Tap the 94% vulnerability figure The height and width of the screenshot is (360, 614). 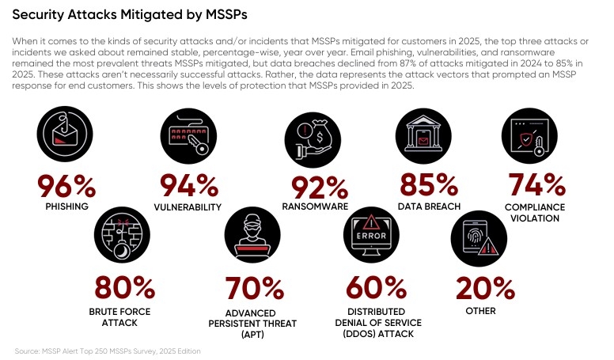tap(189, 185)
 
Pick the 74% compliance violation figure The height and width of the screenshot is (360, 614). tap(536, 186)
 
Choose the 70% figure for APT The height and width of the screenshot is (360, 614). tap(255, 286)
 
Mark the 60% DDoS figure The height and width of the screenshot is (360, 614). tap(377, 286)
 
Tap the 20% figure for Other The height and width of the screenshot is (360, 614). tap(481, 286)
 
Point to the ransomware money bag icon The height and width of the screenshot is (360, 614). tap(315, 138)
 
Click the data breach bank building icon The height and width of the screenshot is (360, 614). tap(426, 135)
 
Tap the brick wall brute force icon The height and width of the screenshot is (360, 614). tap(125, 238)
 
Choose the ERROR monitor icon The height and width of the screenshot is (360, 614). tap(377, 238)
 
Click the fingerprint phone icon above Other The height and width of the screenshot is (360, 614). tap(481, 238)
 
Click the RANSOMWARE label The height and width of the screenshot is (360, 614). tap(315, 207)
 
